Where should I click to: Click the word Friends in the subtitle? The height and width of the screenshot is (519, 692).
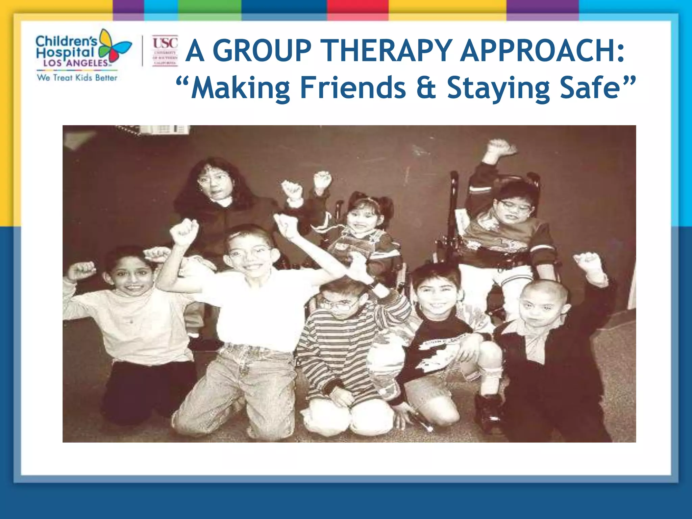point(353,88)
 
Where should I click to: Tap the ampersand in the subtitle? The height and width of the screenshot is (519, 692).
point(426,88)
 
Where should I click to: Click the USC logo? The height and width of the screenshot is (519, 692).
point(165,51)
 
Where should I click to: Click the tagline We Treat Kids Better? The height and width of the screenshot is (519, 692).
point(77,78)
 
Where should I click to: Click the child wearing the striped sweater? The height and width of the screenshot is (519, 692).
point(341,341)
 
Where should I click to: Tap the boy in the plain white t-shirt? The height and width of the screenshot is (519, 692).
point(252,304)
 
